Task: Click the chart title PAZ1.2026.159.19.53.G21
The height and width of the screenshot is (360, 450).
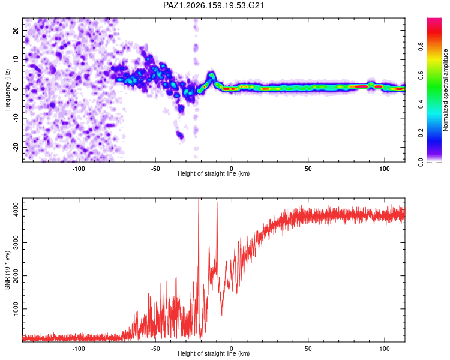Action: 213,5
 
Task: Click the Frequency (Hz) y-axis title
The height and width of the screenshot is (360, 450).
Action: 7,90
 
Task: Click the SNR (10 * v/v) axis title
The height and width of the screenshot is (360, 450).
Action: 7,270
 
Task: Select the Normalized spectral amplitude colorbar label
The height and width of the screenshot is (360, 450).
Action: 445,90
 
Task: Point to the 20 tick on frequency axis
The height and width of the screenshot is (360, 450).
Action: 16,30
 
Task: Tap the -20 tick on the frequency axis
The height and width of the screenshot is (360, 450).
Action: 16,147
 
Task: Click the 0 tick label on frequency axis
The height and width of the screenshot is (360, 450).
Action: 16,89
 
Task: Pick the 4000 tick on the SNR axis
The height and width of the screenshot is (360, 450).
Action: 16,209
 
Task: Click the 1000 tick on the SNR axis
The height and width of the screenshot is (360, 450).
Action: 16,309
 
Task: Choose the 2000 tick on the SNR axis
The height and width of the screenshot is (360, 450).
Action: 16,275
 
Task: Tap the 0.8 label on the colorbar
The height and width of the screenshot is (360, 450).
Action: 421,46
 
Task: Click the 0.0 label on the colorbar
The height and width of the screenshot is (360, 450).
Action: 421,163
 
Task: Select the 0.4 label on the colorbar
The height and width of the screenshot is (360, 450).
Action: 421,104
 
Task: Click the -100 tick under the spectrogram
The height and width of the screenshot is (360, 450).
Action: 79,169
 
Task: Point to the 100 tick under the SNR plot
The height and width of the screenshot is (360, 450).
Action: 385,349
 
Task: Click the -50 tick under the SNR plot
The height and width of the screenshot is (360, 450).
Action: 155,349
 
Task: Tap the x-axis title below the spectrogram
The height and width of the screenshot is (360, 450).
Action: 214,173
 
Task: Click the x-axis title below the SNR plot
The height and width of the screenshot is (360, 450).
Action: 214,353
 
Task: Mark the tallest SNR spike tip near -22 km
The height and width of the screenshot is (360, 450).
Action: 199,199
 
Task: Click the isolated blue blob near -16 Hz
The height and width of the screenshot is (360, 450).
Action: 180,134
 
